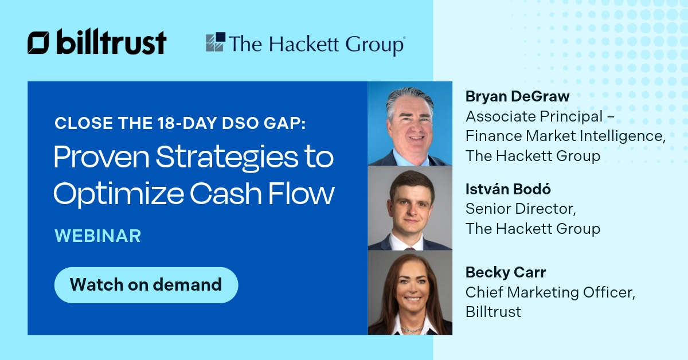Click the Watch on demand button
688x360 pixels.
146,284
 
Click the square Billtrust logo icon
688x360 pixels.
39,44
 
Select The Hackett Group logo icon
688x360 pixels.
216,43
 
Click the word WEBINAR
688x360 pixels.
97,236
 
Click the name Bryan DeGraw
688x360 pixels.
517,97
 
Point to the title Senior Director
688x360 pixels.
519,209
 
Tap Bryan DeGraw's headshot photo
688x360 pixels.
409,124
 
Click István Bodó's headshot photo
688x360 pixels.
409,208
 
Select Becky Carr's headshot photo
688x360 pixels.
409,292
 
